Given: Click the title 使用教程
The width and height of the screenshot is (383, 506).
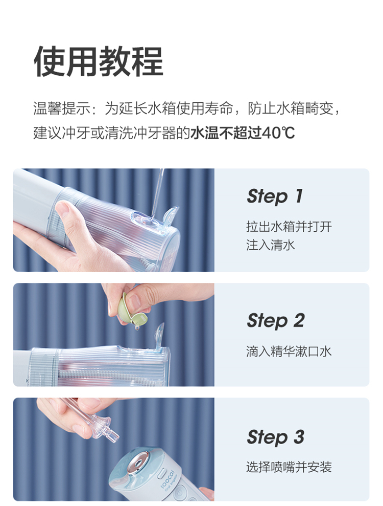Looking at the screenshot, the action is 98,61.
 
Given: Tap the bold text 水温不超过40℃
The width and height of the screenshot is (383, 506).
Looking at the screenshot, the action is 242,133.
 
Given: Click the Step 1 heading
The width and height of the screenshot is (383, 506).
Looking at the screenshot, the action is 275,196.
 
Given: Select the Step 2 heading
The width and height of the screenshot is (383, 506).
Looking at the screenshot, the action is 275,321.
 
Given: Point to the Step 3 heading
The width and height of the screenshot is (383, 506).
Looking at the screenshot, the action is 275,437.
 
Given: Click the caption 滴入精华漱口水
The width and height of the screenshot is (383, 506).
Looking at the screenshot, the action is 289,351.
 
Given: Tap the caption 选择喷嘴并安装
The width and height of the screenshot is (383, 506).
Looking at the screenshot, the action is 289,467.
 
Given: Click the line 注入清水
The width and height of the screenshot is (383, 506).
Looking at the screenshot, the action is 270,245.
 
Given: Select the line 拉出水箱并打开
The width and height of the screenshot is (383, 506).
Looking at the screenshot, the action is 289,227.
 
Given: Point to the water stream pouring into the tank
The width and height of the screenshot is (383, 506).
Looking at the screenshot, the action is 157,193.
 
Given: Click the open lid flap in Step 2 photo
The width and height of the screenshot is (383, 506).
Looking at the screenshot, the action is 160,337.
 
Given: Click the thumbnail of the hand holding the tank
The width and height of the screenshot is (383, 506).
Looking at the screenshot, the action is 114,220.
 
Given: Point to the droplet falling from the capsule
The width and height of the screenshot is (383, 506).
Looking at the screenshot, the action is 138,327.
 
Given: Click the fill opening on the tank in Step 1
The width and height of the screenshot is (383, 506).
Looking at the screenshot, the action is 146,221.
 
